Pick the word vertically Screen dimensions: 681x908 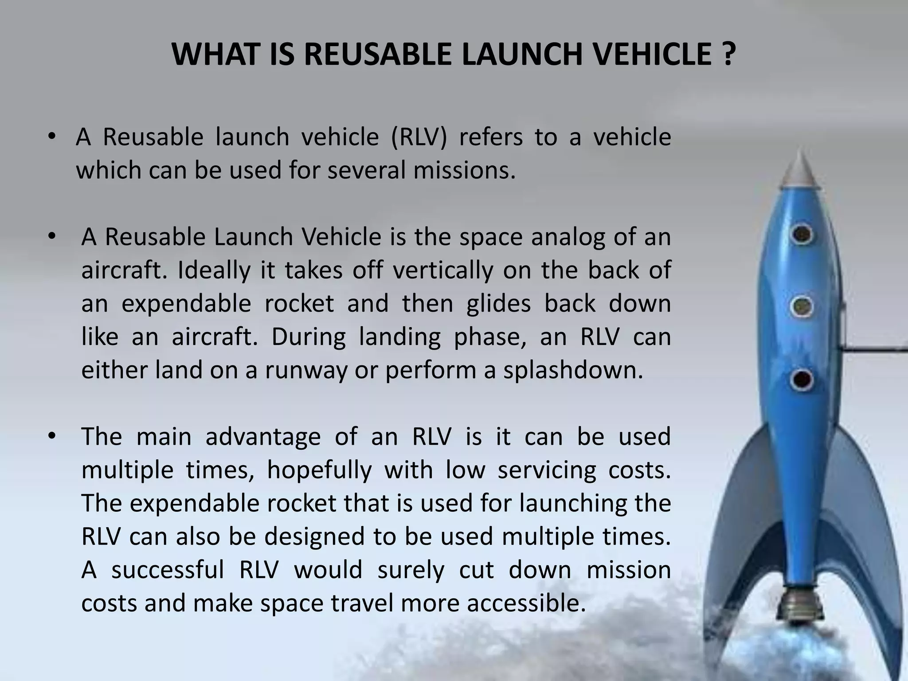click(x=443, y=270)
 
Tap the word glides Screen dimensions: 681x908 click(x=498, y=304)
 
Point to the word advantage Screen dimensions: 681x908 click(x=263, y=437)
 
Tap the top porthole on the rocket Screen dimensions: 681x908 click(x=802, y=234)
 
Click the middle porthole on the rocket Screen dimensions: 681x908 click(x=802, y=306)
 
